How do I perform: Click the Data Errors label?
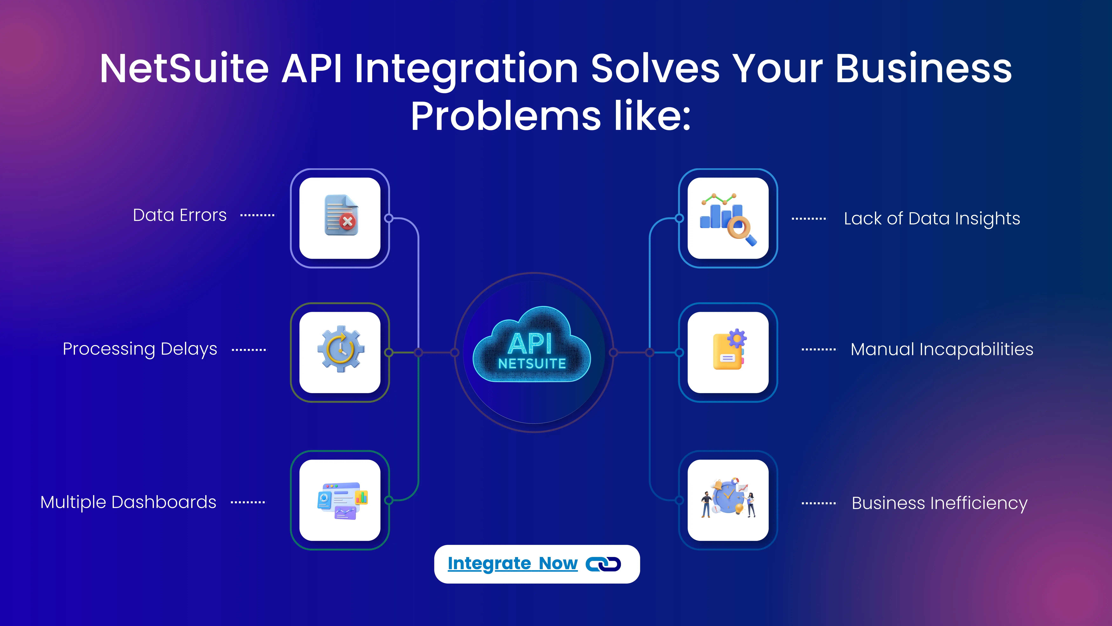[x=180, y=215]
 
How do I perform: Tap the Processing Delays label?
[x=140, y=349]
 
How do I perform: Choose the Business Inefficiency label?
[x=939, y=503]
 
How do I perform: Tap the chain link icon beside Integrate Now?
[x=603, y=564]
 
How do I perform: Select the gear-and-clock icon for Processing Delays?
[x=341, y=349]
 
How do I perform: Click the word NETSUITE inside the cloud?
[x=532, y=364]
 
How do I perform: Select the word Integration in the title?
[x=466, y=69]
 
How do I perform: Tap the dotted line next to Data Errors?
[x=257, y=215]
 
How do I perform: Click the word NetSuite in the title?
[x=184, y=69]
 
